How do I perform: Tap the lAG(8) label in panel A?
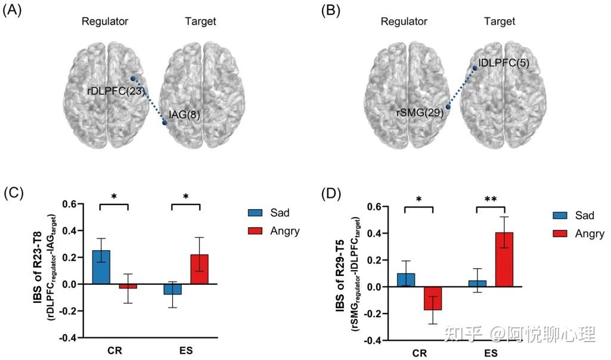pos(184,114)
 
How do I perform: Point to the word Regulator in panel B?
pos(404,21)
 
